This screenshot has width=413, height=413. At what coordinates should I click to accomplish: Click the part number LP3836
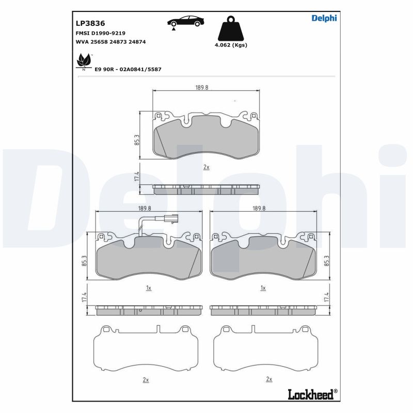click(90, 23)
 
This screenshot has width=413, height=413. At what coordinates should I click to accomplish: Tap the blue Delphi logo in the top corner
click(324, 18)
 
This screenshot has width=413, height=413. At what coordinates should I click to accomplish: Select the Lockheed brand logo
click(312, 394)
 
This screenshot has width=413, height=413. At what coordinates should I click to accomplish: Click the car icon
click(186, 22)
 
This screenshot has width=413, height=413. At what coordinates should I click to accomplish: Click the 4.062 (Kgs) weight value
click(231, 45)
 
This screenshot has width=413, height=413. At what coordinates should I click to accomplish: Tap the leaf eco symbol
click(84, 62)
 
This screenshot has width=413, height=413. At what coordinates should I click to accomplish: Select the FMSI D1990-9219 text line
click(101, 33)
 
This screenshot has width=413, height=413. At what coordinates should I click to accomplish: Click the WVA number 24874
click(137, 42)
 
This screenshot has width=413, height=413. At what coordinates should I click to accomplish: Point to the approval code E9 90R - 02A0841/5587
click(128, 70)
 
